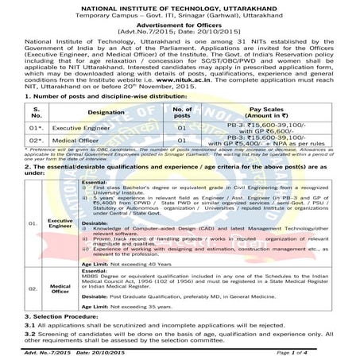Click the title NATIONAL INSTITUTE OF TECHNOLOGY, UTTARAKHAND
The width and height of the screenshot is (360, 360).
coord(180,6)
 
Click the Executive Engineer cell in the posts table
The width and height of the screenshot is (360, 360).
coord(85,127)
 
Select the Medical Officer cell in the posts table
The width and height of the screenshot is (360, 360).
coord(80,141)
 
